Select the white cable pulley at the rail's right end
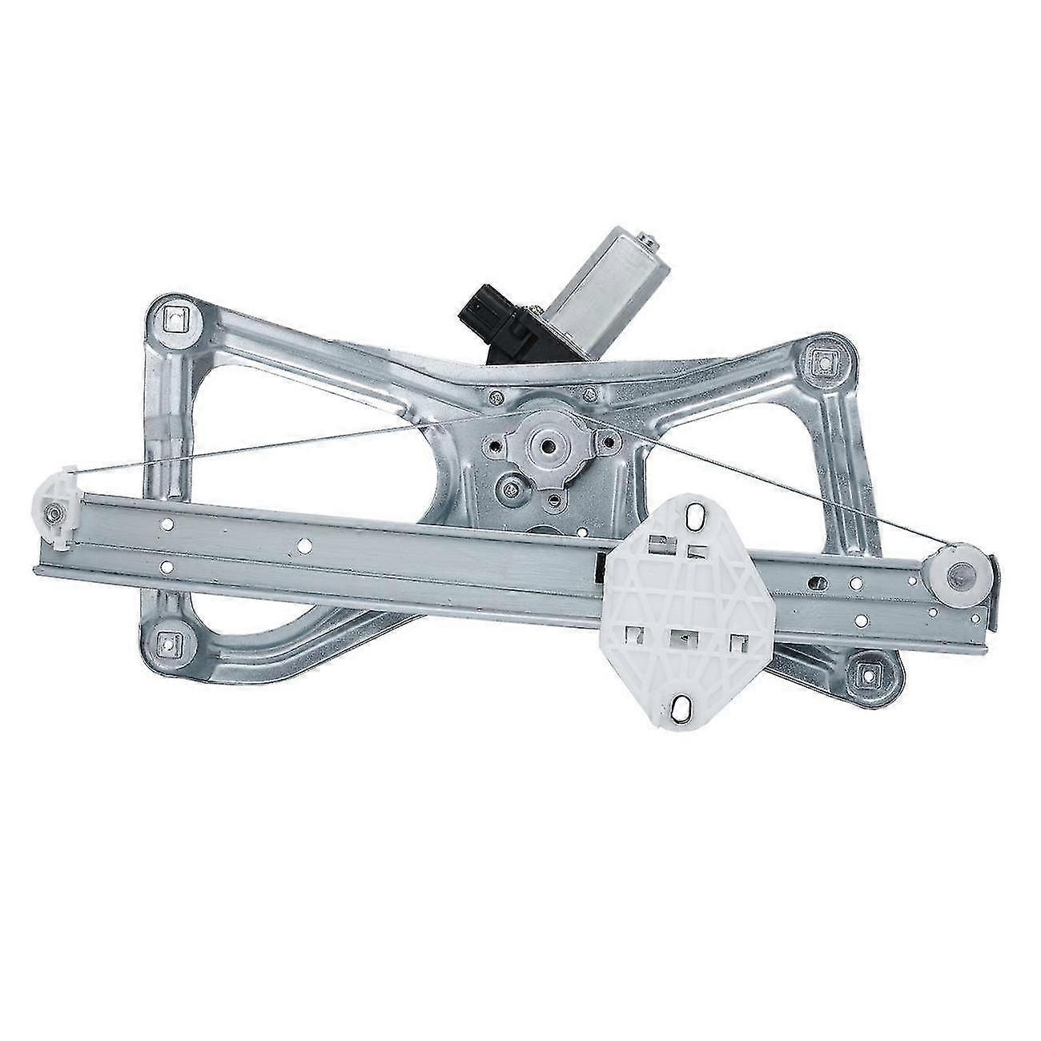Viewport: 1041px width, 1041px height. (959, 575)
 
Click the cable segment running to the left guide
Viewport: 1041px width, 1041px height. (264, 452)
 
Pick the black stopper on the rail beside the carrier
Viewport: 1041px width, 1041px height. (599, 568)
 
